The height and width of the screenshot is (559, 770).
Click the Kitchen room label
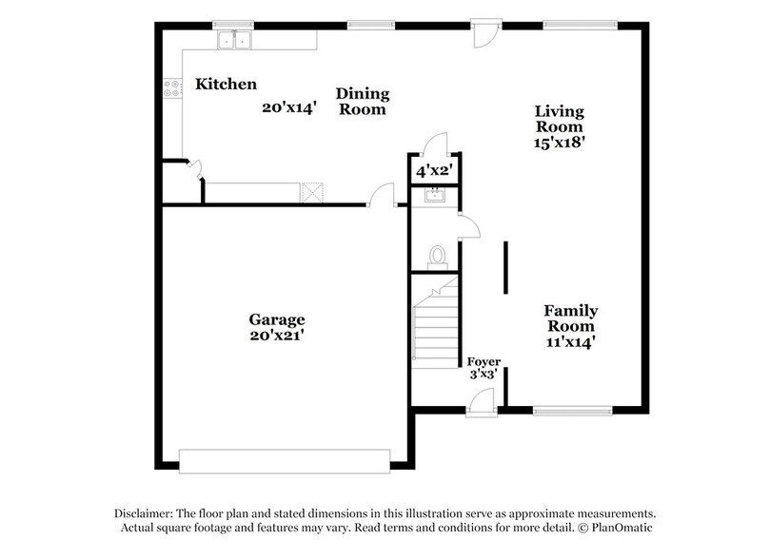226,85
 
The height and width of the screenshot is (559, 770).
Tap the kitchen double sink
233,40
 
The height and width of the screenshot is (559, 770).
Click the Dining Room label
363,101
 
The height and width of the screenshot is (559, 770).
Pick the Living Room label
559,119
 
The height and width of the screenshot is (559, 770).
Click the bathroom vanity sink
434,197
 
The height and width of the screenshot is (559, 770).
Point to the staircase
435,325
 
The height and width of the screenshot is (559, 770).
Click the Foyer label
484,362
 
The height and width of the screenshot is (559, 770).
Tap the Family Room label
570,318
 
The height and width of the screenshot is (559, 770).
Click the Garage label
277,319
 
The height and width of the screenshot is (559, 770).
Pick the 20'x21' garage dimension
277,336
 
